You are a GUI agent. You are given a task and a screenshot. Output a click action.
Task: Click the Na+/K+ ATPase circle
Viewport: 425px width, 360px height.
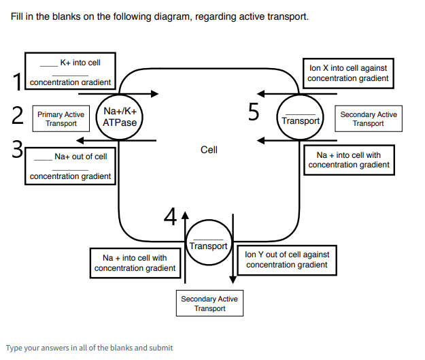(x=120, y=117)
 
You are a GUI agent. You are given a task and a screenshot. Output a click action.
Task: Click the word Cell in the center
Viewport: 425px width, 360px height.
(x=209, y=150)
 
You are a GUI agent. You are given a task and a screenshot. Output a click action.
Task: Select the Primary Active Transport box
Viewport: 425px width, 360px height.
(x=61, y=119)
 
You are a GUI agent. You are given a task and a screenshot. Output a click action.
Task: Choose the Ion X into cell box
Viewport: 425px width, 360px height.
(x=347, y=73)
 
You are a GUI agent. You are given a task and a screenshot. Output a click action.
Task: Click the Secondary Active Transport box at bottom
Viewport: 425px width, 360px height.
(x=209, y=304)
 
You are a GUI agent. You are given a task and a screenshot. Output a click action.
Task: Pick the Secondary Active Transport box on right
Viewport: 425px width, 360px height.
(x=368, y=119)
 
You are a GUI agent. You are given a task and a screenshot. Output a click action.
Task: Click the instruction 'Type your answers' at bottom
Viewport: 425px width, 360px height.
(x=89, y=348)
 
